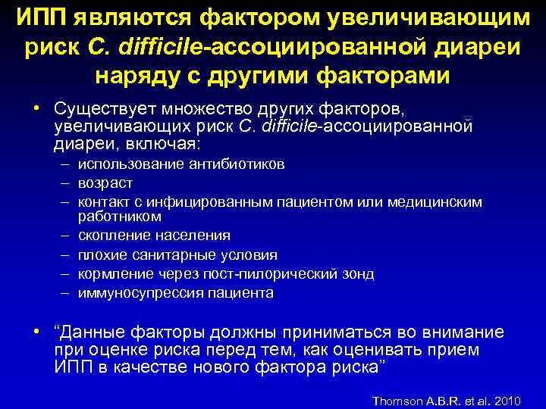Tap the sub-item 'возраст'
point(105,182)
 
